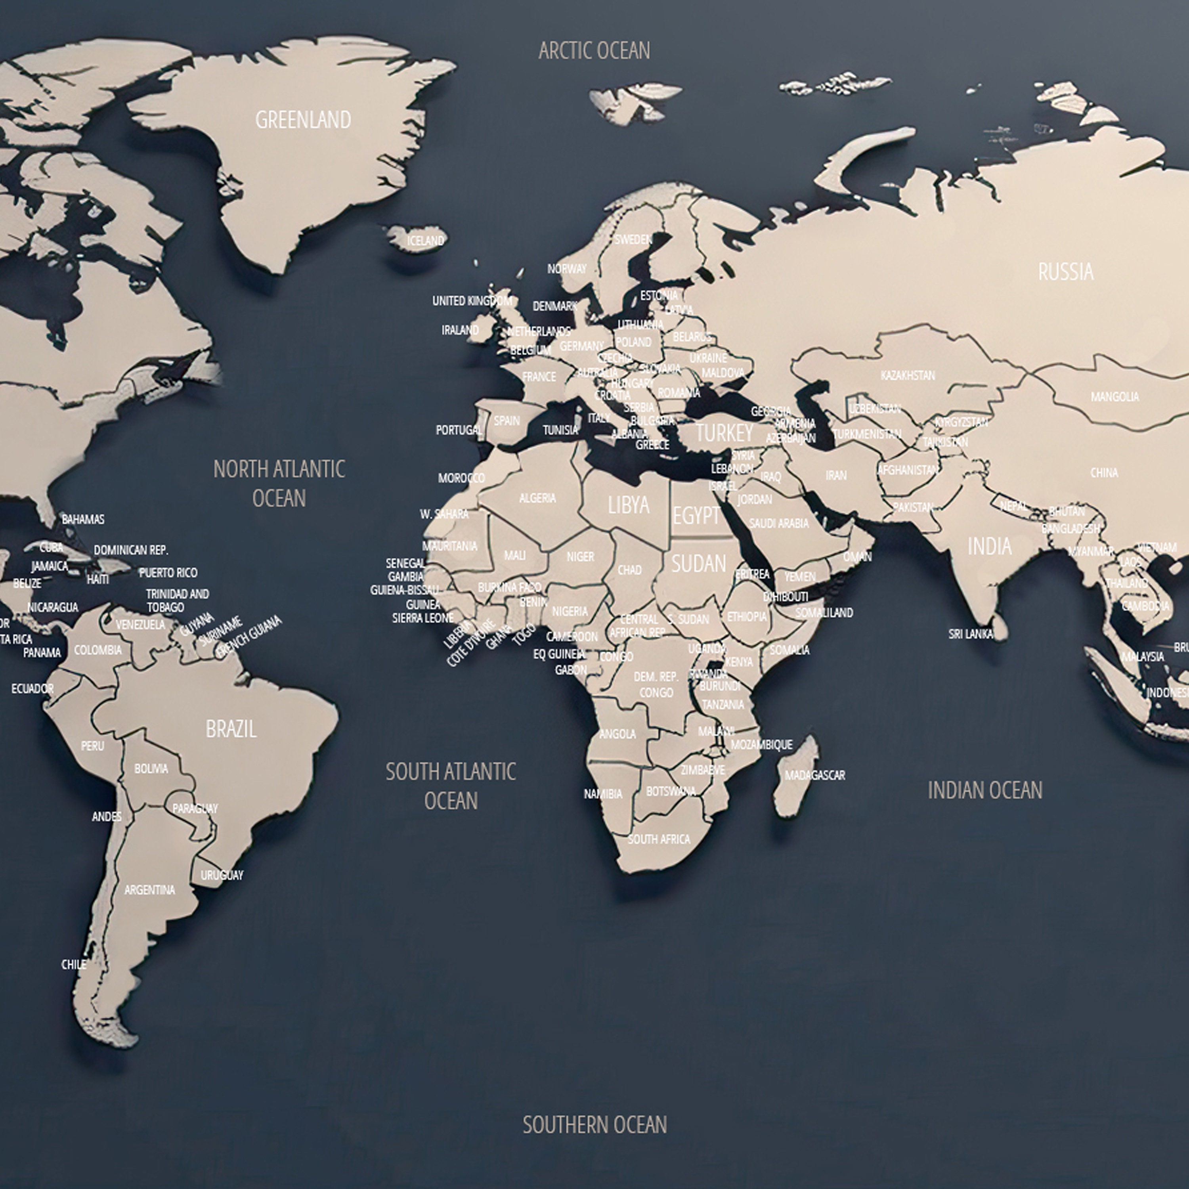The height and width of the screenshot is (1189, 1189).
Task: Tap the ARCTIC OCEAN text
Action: click(x=594, y=50)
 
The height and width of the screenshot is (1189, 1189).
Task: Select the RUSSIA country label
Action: click(x=1065, y=272)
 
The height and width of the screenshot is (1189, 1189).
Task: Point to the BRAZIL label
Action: click(x=231, y=729)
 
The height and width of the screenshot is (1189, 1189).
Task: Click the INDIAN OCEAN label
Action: click(x=984, y=791)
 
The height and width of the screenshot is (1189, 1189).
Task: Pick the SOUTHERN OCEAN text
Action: click(x=594, y=1125)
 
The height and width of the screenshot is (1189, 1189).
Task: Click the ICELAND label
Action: click(x=425, y=241)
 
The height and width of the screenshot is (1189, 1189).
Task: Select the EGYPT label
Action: click(x=696, y=516)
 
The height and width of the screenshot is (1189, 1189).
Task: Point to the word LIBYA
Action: click(x=628, y=505)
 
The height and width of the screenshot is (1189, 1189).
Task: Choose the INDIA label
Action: click(x=989, y=546)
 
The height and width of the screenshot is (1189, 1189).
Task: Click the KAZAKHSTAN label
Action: click(x=907, y=375)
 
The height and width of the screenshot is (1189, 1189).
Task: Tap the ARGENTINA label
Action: click(x=149, y=890)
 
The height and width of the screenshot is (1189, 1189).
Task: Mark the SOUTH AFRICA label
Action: click(x=658, y=839)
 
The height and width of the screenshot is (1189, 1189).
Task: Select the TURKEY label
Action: click(x=724, y=433)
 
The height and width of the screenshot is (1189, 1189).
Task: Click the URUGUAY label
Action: click(x=222, y=875)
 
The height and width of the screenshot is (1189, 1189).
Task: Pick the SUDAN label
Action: click(x=698, y=564)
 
